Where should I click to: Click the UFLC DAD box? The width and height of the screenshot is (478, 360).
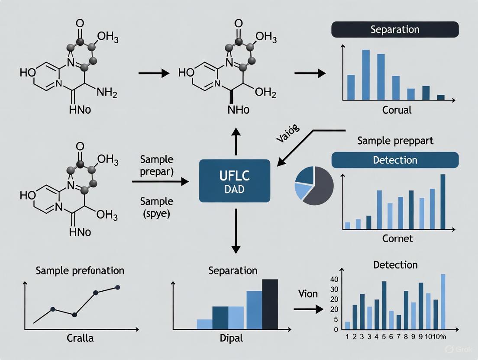tap(234, 180)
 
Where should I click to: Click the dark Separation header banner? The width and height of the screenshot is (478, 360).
tap(394, 29)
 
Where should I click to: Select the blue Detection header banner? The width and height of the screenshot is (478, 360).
tap(394, 160)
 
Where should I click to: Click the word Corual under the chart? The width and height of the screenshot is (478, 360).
tap(397, 110)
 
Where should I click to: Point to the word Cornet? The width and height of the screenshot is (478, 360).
tap(397, 238)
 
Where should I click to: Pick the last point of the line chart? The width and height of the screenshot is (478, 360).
tap(117, 287)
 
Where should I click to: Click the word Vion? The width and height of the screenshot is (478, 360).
tap(308, 294)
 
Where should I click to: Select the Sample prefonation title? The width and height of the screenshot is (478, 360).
tap(80, 270)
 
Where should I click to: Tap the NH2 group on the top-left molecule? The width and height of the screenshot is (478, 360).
tap(107, 92)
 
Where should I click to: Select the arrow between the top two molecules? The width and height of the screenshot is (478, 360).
tap(154, 74)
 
